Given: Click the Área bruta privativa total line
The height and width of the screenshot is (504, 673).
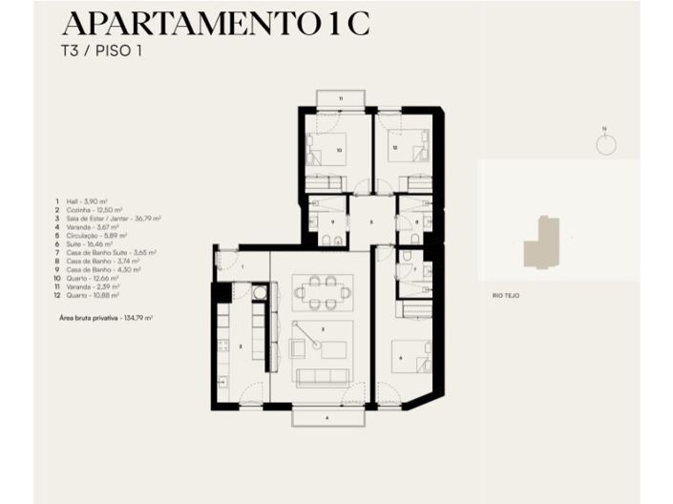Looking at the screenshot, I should click(106, 316).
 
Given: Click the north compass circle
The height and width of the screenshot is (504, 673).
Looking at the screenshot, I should click(605, 144).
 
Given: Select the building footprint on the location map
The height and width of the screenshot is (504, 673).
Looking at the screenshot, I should click(541, 242).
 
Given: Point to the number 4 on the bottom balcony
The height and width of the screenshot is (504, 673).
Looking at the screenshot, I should click(326, 417).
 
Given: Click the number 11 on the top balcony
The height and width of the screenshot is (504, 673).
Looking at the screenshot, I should click(340, 98).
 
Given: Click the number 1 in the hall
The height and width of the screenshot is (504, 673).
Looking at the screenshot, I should click(242, 267).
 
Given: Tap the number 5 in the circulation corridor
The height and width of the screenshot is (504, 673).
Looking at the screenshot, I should click(371, 220).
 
